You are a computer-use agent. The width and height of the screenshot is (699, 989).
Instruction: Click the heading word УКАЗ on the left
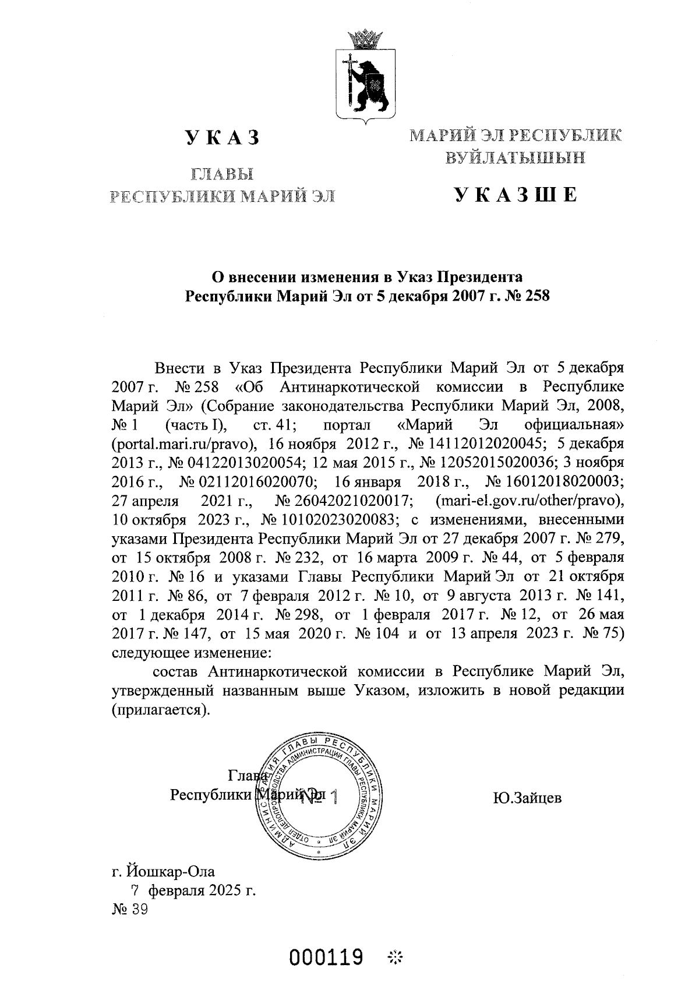click(222, 138)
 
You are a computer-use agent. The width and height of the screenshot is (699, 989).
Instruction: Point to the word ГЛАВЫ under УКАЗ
click(222, 174)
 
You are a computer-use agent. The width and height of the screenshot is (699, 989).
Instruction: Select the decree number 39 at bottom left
click(140, 910)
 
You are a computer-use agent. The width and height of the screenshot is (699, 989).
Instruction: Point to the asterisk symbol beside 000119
click(396, 957)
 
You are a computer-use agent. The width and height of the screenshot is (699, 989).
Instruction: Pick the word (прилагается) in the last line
click(160, 711)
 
